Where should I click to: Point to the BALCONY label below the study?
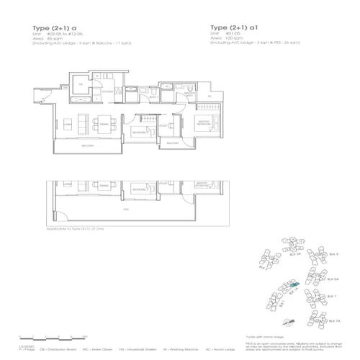click(x=173, y=142)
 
